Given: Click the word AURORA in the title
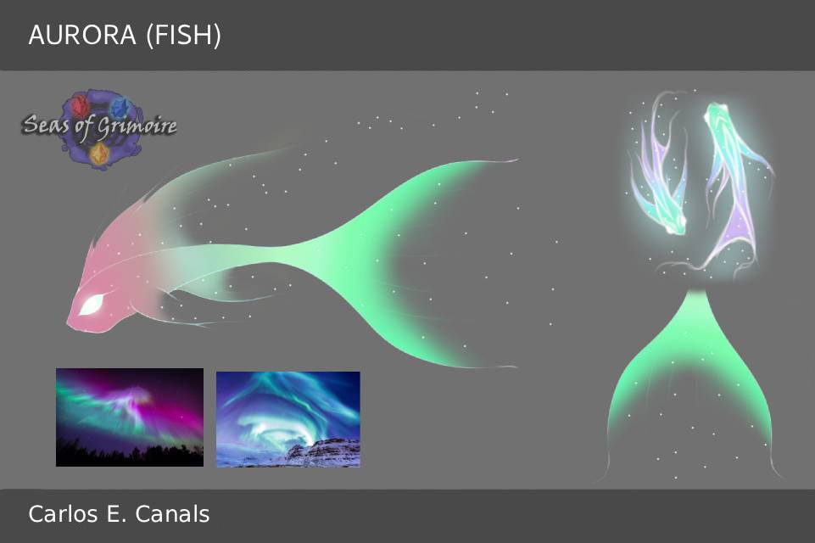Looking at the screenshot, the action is coord(82,35).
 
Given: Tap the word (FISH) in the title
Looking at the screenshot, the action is coord(183,36).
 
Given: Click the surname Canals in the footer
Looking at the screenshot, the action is coord(172,514).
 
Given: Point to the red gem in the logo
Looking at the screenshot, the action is coord(80,105).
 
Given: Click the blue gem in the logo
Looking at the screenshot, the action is coord(120,108).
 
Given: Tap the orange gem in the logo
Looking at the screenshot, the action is coord(98,154).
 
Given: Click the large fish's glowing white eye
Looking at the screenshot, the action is coord(92,305).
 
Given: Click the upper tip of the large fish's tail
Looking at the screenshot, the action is coord(516,160).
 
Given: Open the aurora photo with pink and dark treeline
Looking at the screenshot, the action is coord(130,417).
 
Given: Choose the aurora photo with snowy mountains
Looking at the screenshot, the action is coord(288,419).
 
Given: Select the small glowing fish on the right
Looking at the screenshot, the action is coord(734,182).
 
